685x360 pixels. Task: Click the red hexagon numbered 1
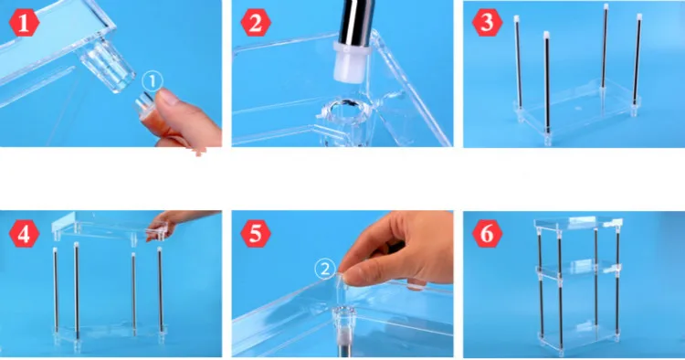[x=24, y=23]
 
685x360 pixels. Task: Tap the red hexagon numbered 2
[x=256, y=23]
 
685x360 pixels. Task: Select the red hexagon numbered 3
[x=487, y=23]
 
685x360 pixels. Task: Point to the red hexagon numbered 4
[x=24, y=234]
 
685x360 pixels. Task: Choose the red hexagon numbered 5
[x=256, y=234]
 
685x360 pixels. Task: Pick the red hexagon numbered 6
[x=487, y=234]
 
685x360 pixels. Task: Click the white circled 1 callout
[x=153, y=81]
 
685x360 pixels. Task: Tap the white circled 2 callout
[x=325, y=270]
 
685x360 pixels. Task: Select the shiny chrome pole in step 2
[x=356, y=21]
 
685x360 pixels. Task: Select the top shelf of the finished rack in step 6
[x=577, y=224]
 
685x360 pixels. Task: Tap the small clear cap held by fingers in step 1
[x=143, y=105]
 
